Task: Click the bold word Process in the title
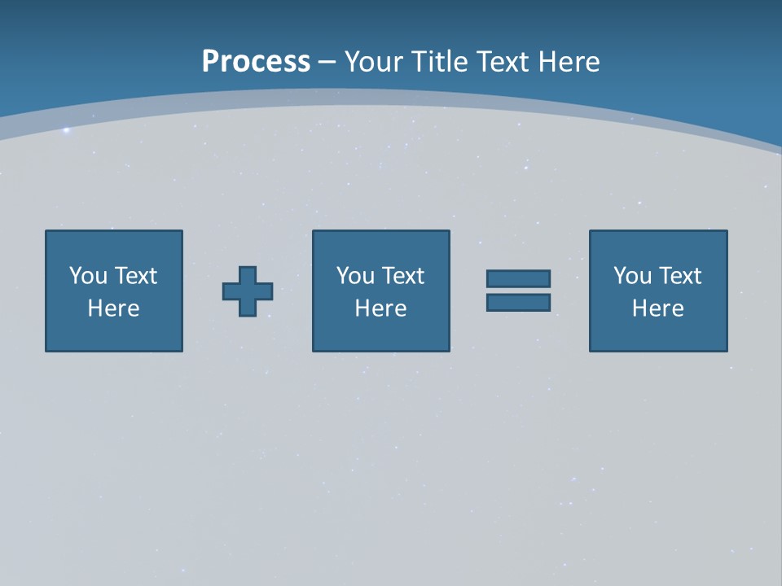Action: tap(256, 62)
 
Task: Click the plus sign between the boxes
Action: tap(248, 291)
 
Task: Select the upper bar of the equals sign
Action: tap(518, 279)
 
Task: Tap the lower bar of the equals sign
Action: tap(518, 303)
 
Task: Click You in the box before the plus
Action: tap(88, 276)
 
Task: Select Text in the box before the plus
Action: tap(134, 276)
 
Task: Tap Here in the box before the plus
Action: tap(113, 308)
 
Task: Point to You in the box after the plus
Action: tap(355, 276)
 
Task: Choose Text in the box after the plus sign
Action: tap(402, 276)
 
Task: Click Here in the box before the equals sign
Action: tap(380, 308)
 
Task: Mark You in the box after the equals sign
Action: tap(632, 276)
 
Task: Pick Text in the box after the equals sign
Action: tap(679, 276)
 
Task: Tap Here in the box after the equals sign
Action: tap(657, 308)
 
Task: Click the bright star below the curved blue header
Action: tap(67, 130)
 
